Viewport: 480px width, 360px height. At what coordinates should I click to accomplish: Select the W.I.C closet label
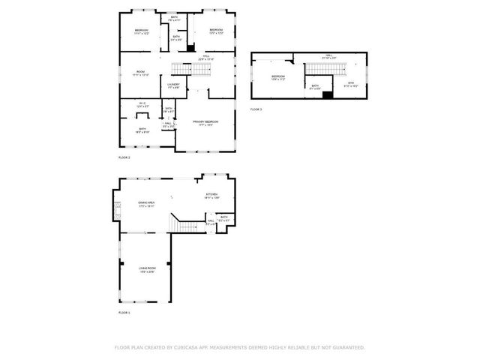142,104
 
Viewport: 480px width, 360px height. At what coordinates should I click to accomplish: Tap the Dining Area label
145,202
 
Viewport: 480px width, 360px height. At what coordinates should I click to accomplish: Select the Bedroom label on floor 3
278,76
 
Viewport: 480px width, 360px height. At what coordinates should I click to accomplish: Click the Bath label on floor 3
315,85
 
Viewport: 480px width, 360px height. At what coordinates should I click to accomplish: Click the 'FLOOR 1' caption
124,311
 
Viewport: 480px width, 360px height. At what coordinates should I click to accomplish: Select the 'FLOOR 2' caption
124,157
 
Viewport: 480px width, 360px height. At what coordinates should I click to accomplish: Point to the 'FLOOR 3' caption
256,109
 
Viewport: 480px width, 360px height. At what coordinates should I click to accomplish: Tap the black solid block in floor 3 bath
327,94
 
